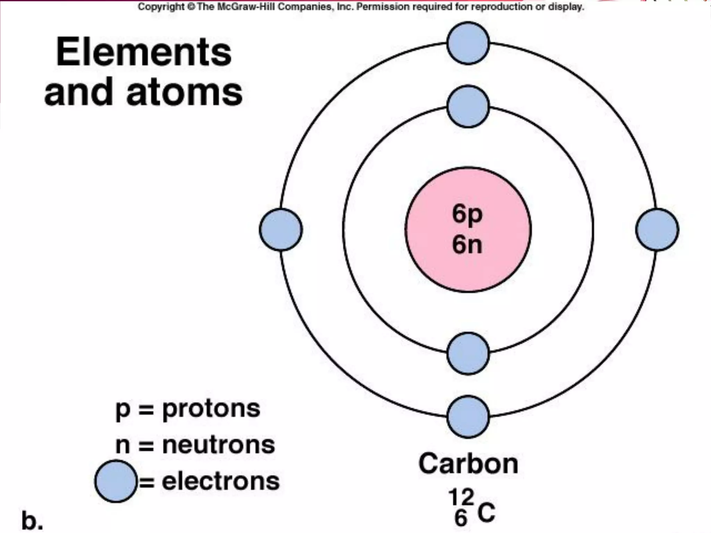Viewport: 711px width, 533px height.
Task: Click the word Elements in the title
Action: tap(144, 53)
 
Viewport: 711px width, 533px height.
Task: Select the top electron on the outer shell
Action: tap(468, 43)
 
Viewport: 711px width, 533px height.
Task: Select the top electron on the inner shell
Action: tap(468, 106)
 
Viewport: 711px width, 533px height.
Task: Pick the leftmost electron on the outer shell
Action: tap(281, 229)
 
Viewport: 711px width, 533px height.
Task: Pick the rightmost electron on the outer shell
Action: tap(657, 229)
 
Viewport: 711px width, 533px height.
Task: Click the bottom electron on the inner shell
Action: tap(468, 354)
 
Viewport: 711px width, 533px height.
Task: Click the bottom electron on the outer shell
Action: tap(468, 416)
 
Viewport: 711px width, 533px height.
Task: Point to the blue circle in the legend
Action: tap(116, 481)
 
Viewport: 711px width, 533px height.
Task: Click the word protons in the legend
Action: tap(211, 408)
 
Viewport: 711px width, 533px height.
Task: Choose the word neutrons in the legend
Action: tap(219, 445)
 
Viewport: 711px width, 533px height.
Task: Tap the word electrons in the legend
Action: tap(221, 481)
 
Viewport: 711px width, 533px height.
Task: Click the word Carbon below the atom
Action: tap(468, 464)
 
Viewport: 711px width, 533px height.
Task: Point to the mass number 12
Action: tap(461, 497)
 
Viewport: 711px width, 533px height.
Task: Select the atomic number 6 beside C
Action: tap(461, 518)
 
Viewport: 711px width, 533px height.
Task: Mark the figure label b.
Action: tap(32, 521)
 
